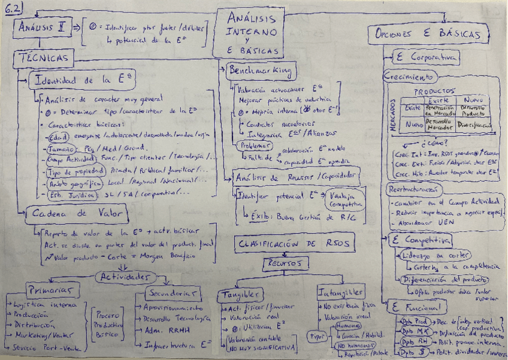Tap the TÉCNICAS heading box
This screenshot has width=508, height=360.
(x=45, y=58)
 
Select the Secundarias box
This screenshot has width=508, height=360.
(x=171, y=292)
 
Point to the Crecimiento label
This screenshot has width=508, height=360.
(x=410, y=78)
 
